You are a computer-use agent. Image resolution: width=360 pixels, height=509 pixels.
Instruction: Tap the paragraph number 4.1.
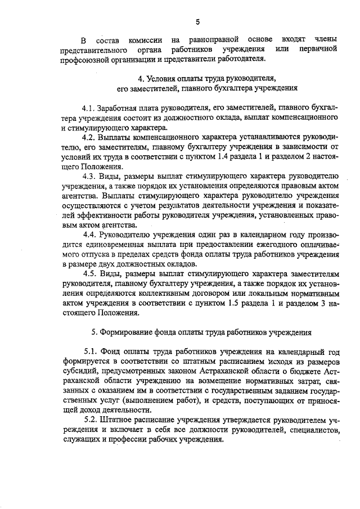89,107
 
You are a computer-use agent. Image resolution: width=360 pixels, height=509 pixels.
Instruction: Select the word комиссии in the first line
146,40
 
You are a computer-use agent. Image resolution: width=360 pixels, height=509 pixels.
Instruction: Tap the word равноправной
211,40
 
